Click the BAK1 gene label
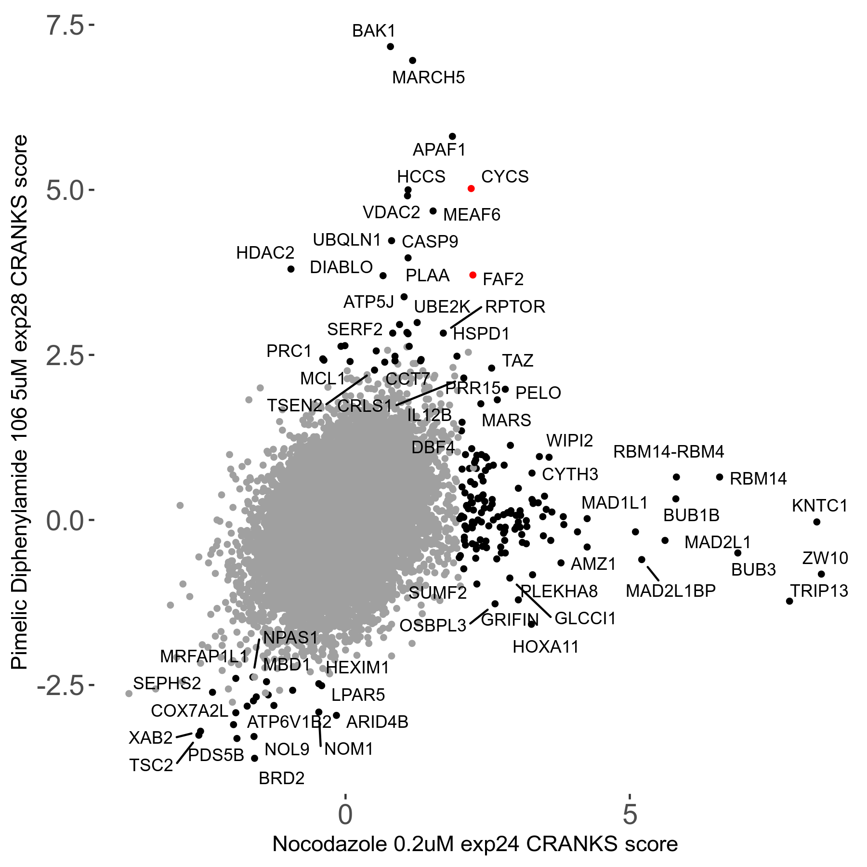pyautogui.click(x=374, y=31)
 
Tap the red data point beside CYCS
pyautogui.click(x=471, y=188)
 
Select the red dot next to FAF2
pyautogui.click(x=473, y=275)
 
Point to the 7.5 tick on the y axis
pyautogui.click(x=66, y=26)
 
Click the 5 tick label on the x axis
pyautogui.click(x=630, y=814)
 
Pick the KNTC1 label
pyautogui.click(x=819, y=506)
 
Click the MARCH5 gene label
pyautogui.click(x=428, y=78)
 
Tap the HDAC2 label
pyautogui.click(x=265, y=253)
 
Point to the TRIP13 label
pyautogui.click(x=819, y=591)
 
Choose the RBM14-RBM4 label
pyautogui.click(x=669, y=452)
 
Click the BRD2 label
pyautogui.click(x=281, y=778)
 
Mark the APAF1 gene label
pyautogui.click(x=439, y=150)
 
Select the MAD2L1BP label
pyautogui.click(x=670, y=591)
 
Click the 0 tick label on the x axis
pyautogui.click(x=345, y=814)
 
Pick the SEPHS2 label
pyautogui.click(x=167, y=683)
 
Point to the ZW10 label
pyautogui.click(x=825, y=558)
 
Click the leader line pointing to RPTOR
pyautogui.click(x=466, y=317)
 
